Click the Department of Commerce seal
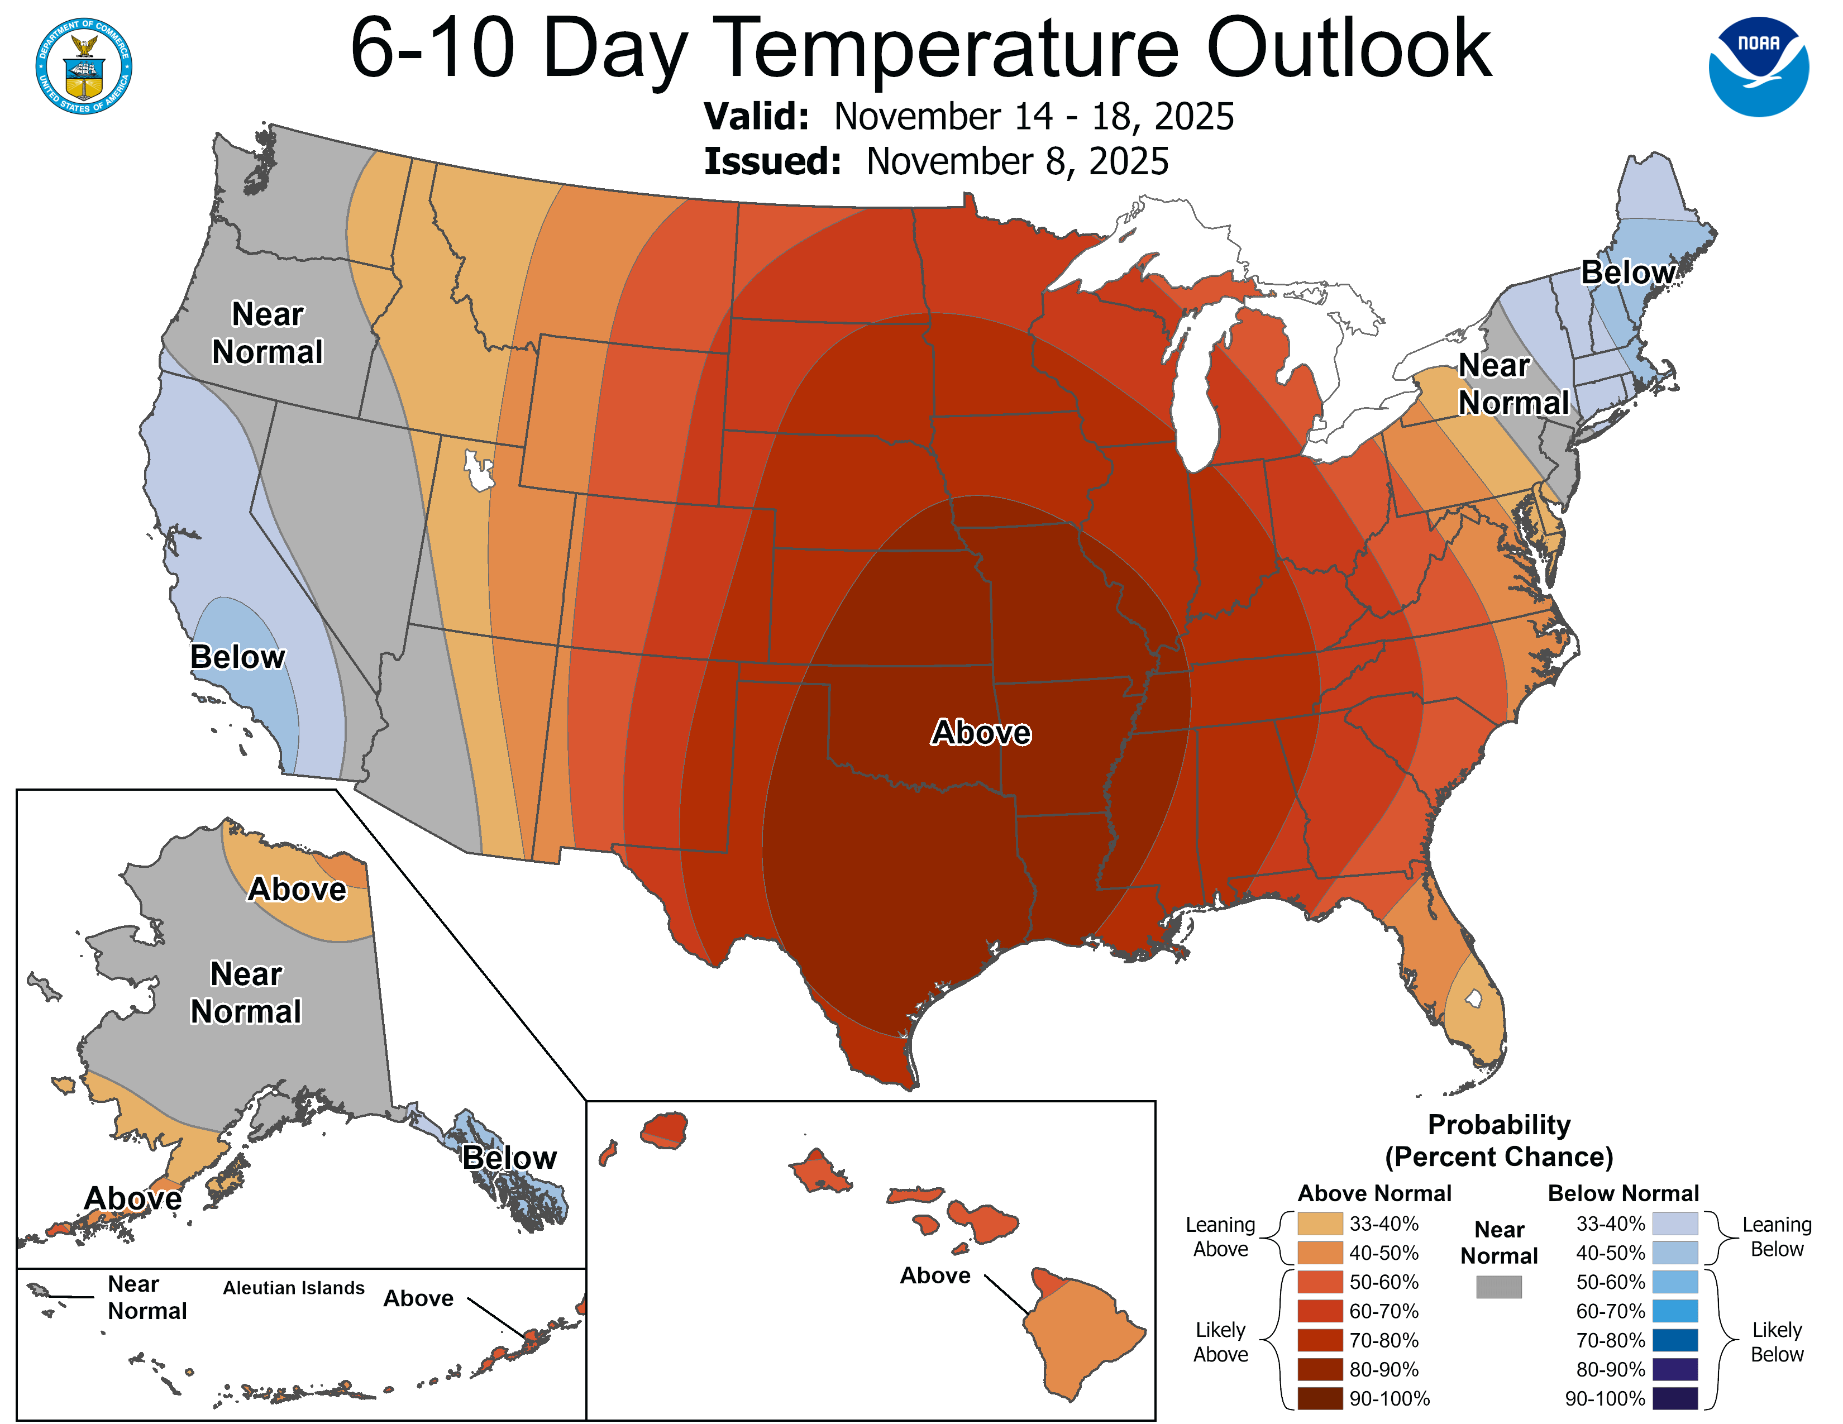(x=84, y=66)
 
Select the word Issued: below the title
(x=772, y=161)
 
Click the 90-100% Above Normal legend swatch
(x=1320, y=1398)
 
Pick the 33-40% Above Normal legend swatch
(x=1320, y=1223)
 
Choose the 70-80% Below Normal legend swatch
(x=1674, y=1340)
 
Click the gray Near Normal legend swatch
(x=1499, y=1287)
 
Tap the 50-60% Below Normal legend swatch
(x=1674, y=1282)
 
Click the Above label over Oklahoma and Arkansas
(x=981, y=732)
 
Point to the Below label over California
(x=237, y=656)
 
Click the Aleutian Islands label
(x=294, y=1287)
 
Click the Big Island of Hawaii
(x=1085, y=1334)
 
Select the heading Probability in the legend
(x=1499, y=1125)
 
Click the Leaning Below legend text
(x=1777, y=1237)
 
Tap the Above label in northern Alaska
(x=297, y=889)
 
